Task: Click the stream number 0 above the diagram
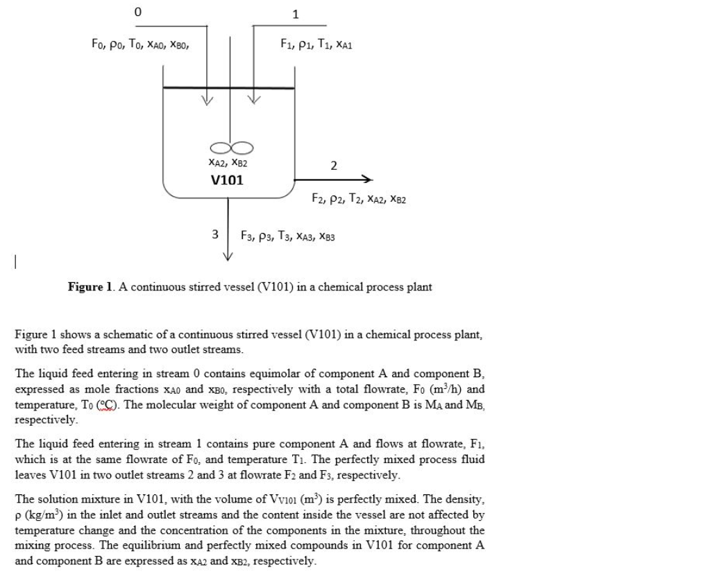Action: click(x=137, y=12)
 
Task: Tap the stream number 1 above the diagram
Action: click(x=296, y=14)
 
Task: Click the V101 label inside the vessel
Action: click(x=227, y=180)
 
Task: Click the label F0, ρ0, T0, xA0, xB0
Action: click(x=140, y=44)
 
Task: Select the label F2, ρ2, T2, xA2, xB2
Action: click(x=359, y=199)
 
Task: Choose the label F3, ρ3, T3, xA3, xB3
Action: click(x=287, y=235)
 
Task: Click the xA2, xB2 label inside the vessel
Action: click(x=228, y=163)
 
